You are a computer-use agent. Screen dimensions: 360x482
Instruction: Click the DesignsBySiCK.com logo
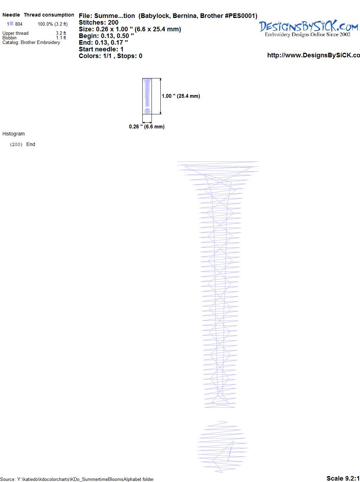pos(308,28)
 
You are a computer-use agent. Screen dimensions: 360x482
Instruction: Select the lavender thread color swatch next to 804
pos(11,24)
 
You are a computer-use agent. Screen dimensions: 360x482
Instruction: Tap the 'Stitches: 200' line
pos(98,23)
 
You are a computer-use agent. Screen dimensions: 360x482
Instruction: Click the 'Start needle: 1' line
pos(101,49)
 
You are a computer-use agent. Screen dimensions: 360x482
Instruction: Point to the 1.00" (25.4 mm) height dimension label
pos(181,96)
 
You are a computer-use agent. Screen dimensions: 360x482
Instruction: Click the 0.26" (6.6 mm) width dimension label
pos(147,127)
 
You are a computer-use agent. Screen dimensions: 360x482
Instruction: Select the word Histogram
pos(13,134)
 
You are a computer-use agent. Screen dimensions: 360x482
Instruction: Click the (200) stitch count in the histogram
pos(16,145)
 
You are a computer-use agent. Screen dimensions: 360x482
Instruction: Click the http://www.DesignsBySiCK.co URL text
pos(314,55)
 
